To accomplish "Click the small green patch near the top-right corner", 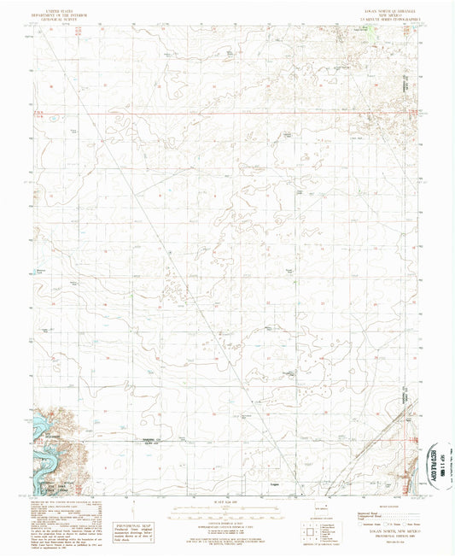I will (370, 32).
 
